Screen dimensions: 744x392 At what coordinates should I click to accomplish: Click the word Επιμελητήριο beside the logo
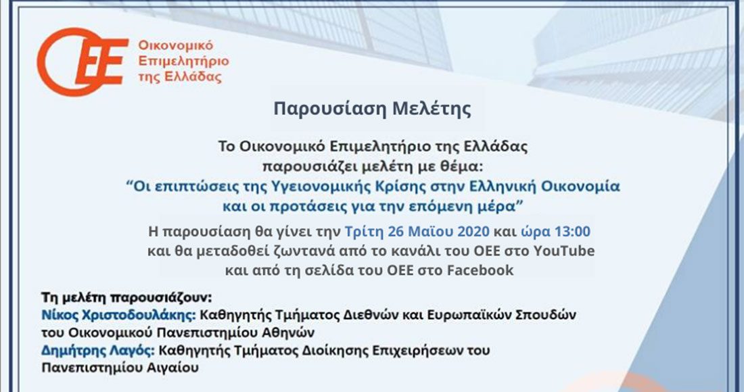183,61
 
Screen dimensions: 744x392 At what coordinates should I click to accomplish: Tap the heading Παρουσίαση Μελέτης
373,108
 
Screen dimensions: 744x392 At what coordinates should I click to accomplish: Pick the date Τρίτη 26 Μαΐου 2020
417,232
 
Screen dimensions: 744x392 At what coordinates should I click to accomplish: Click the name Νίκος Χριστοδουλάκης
118,315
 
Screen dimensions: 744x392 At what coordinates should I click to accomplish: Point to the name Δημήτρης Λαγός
98,351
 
